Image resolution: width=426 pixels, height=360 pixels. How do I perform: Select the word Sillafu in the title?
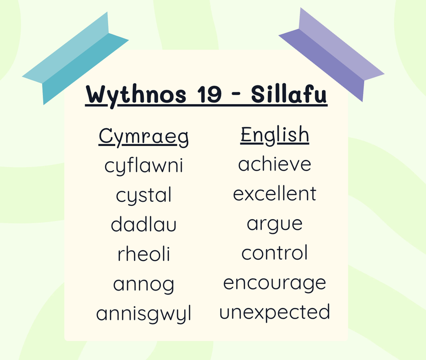coord(289,94)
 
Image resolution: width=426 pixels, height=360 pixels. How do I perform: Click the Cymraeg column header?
coord(143,137)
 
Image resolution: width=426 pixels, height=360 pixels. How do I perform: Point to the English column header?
coord(274,135)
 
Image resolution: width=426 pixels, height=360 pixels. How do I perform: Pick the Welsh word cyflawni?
coord(144,165)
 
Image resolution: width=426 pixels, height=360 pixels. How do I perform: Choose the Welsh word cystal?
coord(144,195)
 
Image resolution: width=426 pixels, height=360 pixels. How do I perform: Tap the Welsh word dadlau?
coord(144,224)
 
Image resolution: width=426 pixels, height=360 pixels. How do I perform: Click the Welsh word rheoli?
coord(144,254)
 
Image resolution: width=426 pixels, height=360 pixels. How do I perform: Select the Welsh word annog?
coord(144,285)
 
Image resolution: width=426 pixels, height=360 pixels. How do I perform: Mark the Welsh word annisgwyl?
coord(144,315)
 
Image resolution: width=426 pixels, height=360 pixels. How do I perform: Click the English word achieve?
coord(274,164)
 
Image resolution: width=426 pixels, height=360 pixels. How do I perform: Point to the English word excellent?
coord(274,194)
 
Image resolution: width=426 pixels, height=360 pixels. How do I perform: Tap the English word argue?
coord(274,225)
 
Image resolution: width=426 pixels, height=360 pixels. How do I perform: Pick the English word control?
coord(274,252)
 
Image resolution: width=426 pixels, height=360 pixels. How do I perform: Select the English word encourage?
coord(274,283)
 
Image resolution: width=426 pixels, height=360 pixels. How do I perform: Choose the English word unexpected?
coord(274,313)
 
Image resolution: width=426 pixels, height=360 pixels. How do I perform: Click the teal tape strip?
coord(75,58)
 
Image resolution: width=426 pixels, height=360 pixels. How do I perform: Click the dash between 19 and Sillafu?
coord(237,94)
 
